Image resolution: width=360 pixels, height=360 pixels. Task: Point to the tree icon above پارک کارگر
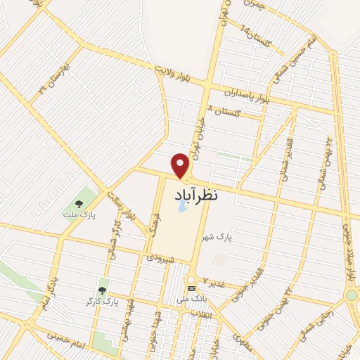[x=102, y=289]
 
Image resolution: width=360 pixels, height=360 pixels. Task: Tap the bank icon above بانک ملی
[x=191, y=288]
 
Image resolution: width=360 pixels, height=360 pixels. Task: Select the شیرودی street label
[x=161, y=258]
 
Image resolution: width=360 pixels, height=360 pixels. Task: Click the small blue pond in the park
[x=182, y=206]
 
